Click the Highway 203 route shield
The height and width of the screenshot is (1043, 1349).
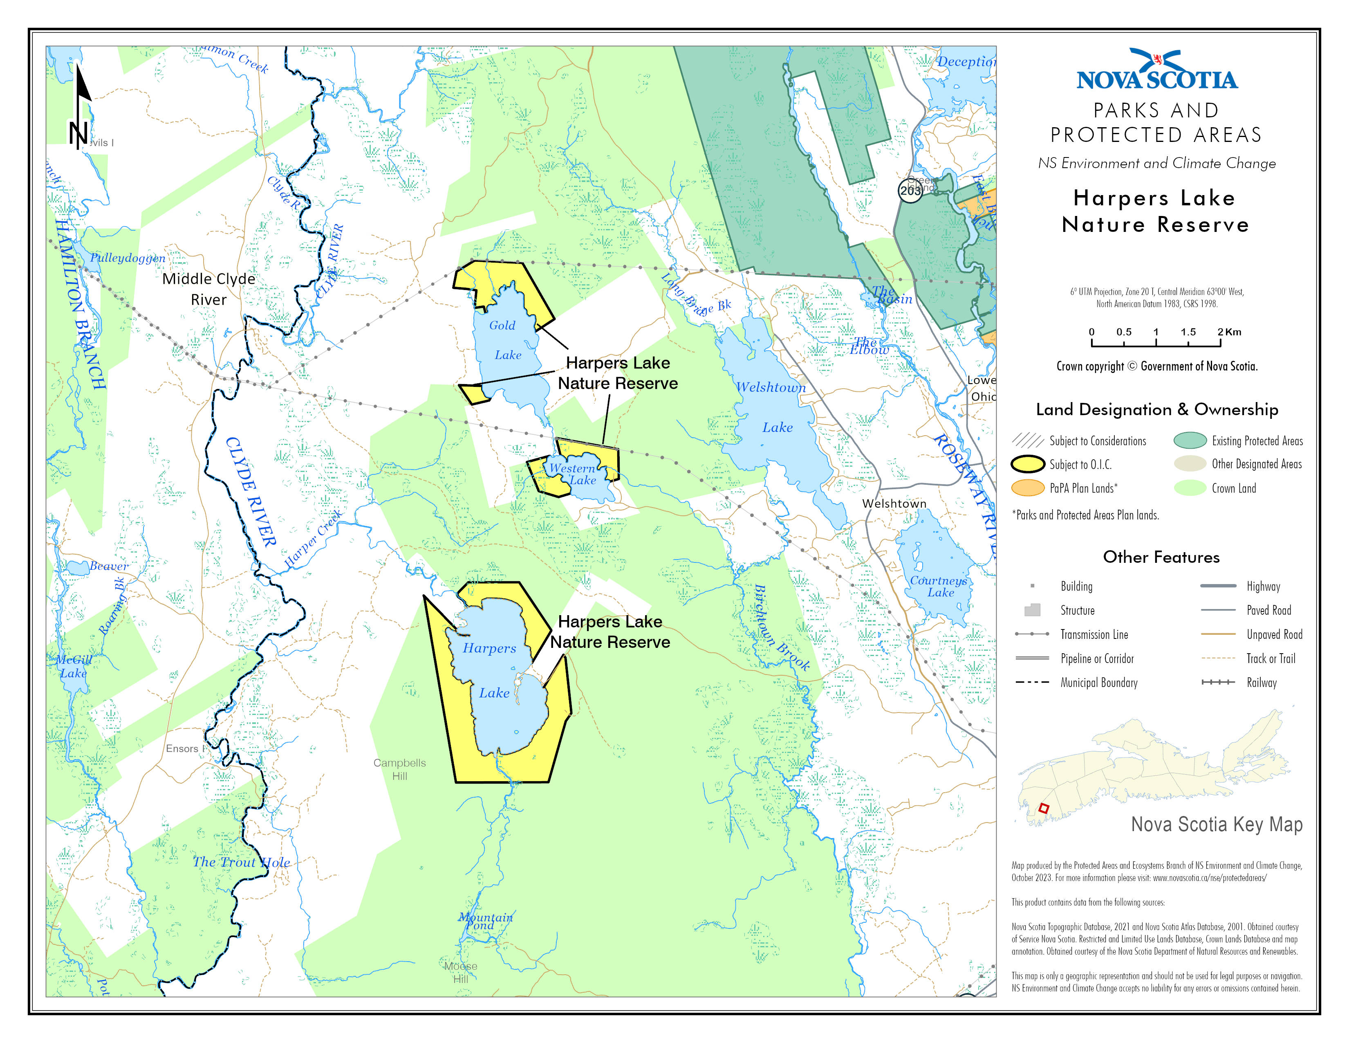910,190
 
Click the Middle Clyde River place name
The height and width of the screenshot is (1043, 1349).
209,288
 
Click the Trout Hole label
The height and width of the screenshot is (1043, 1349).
242,862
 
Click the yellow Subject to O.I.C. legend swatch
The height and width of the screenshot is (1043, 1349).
1028,464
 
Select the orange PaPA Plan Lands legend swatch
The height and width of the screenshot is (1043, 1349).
1028,488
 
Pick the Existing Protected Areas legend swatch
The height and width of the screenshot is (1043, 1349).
1190,441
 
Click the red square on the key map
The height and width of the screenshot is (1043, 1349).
1043,808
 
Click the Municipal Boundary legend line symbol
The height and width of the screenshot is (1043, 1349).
1032,682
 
